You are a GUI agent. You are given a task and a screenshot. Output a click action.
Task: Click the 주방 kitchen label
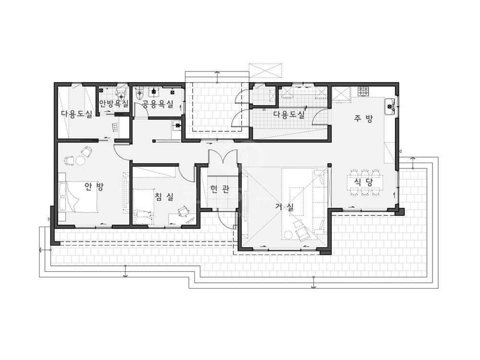coord(363,119)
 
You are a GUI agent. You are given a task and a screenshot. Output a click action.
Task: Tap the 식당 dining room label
coord(363,183)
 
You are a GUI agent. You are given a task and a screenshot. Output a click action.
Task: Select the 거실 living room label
coord(284,207)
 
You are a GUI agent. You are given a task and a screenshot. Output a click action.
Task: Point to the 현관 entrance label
coord(220,190)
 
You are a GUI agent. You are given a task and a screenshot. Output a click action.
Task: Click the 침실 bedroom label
coord(164,196)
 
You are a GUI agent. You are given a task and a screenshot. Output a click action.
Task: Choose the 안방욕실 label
coord(113,104)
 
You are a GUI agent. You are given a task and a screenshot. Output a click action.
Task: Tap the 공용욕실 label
coord(158,104)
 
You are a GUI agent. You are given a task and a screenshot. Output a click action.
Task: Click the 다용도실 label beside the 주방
coord(289,115)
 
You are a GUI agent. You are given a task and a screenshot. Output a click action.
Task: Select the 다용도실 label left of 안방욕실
coord(76,114)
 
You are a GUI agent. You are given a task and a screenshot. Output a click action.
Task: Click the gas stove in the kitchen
coord(364,92)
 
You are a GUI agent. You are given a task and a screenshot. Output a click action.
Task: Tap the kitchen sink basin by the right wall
coord(390,106)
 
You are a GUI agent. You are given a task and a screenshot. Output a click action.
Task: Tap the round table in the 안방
coord(81,160)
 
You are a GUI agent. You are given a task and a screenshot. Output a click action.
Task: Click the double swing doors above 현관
coord(223,156)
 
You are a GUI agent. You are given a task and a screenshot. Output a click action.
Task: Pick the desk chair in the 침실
coord(183,211)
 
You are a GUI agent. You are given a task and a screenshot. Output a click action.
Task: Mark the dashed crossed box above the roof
coord(265,71)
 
